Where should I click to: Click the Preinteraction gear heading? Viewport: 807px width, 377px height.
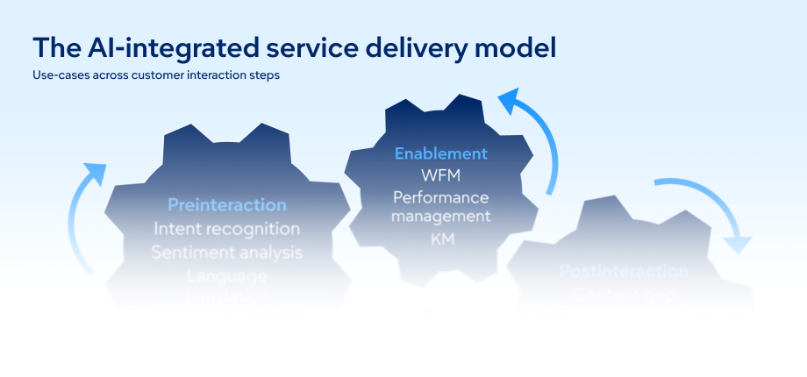[x=227, y=205]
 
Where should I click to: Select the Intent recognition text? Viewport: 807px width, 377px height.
[x=227, y=229]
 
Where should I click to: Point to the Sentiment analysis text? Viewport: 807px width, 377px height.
[x=227, y=253]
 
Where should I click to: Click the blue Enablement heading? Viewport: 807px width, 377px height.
[x=440, y=153]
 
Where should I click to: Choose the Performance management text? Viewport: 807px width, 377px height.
[x=440, y=206]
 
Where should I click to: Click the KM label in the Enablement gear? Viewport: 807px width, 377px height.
[x=440, y=238]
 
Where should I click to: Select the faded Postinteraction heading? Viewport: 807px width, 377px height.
[x=624, y=272]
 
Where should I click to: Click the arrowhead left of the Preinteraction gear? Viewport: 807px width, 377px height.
[x=95, y=172]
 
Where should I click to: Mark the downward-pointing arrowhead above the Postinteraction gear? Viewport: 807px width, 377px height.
[x=739, y=242]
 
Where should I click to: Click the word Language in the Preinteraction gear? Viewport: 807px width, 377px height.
[x=227, y=275]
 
